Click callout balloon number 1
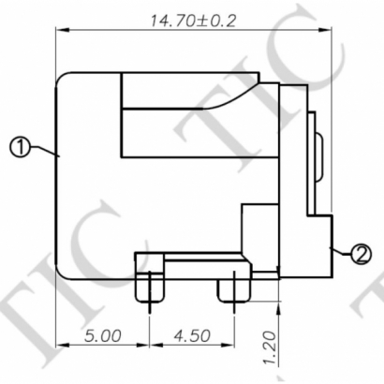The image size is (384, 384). click(x=21, y=146)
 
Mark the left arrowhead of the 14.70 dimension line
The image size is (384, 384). click(x=63, y=29)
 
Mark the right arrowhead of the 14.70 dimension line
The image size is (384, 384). click(x=330, y=29)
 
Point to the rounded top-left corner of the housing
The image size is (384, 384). click(x=67, y=81)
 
